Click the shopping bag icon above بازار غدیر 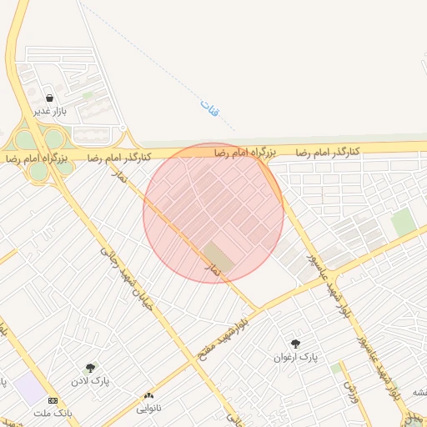click(x=50, y=98)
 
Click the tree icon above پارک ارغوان click(x=295, y=343)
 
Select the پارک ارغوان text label click(x=296, y=357)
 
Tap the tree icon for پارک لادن click(x=90, y=367)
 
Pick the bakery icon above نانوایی click(x=149, y=395)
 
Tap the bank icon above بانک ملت click(x=53, y=400)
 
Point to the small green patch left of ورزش click(x=335, y=368)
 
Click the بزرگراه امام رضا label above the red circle click(x=244, y=152)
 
